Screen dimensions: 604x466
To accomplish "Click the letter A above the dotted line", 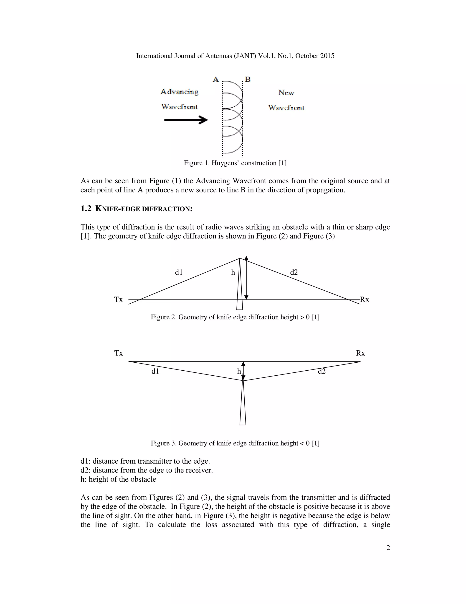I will tap(216, 80).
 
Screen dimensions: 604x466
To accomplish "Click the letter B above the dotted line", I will tap(248, 80).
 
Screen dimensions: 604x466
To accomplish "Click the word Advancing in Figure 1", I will tap(180, 92).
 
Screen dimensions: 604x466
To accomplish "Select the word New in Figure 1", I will tap(286, 93).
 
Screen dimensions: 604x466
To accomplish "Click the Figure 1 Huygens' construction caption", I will tap(235, 163).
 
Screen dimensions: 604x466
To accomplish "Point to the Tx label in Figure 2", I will tap(118, 299).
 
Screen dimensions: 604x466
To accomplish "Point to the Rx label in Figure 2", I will tap(365, 299).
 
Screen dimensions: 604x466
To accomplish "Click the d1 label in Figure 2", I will tap(179, 272).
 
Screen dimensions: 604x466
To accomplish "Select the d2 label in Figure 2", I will tap(294, 272).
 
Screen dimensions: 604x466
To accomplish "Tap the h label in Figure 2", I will tap(233, 273).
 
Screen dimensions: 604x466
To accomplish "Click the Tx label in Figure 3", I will tap(118, 353).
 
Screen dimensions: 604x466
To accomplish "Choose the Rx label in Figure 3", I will tap(360, 353).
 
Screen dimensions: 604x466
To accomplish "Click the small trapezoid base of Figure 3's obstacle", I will tap(243, 422).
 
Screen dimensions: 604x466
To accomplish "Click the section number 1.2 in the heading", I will tap(86, 209).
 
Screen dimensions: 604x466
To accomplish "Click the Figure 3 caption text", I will tap(235, 443).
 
